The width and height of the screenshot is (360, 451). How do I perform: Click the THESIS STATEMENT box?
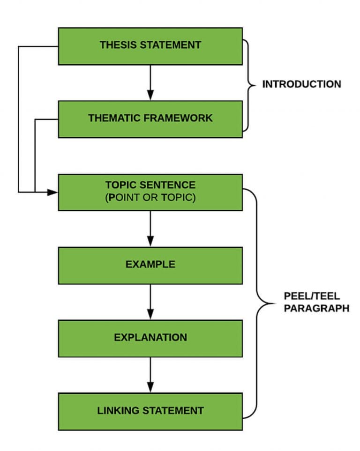(150, 45)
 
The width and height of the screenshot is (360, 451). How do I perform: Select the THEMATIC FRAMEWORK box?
(150, 118)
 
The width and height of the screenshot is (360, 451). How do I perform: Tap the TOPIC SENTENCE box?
(150, 192)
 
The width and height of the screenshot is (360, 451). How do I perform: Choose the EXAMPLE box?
(150, 265)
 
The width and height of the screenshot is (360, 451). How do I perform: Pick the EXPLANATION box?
(150, 338)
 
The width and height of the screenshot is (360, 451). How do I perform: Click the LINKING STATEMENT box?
(150, 411)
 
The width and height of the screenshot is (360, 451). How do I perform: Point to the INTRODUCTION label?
(301, 85)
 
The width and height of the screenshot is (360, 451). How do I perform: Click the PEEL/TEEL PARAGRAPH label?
(316, 303)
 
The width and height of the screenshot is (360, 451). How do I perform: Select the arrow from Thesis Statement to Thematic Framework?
(150, 82)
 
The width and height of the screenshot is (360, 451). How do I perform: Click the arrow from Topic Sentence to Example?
(150, 229)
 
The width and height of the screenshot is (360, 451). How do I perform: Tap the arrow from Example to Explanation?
(150, 302)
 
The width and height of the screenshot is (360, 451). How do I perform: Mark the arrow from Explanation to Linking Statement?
(150, 375)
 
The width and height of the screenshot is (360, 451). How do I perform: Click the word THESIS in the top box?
(116, 45)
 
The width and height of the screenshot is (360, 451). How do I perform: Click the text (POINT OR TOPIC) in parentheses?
(150, 198)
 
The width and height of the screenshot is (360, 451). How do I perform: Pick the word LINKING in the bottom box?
(117, 411)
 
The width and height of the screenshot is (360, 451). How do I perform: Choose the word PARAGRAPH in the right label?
(316, 309)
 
